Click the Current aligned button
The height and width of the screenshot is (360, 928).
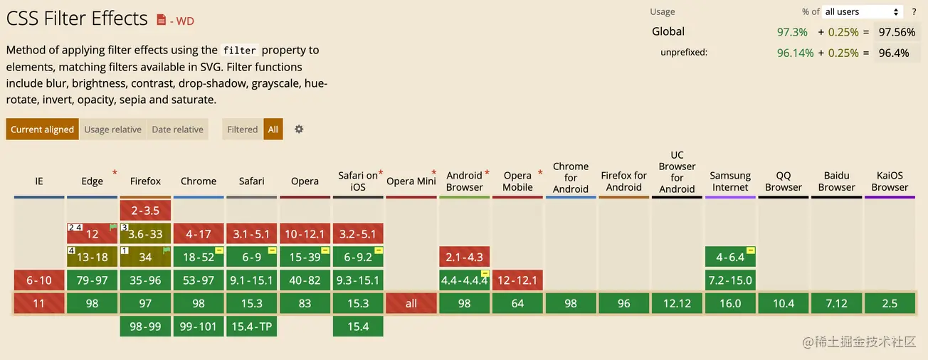coord(42,129)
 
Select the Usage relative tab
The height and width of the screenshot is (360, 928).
coord(112,129)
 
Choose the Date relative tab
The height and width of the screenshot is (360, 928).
coord(177,129)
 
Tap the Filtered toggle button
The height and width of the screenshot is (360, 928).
coord(242,129)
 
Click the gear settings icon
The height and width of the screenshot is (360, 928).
coord(299,129)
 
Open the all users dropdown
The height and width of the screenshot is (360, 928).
coord(862,12)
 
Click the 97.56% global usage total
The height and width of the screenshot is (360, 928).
coord(897,32)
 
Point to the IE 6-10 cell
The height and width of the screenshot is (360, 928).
coord(38,280)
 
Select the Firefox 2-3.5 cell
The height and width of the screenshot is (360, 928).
coord(145,211)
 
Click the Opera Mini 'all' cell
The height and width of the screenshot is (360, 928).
coord(411,303)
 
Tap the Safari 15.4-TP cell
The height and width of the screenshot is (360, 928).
coord(251,327)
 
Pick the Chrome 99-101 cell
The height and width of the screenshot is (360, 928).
coord(198,327)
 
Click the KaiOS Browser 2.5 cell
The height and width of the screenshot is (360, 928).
coord(890,303)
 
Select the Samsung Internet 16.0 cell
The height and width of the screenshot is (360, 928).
coord(730,303)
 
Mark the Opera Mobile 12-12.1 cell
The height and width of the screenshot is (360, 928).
coord(517,280)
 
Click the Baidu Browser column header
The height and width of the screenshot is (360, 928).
coord(836,181)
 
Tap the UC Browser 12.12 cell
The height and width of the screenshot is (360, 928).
coord(677,303)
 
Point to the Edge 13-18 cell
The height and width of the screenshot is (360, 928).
coord(92,257)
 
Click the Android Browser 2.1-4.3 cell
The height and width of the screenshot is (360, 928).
coord(464,257)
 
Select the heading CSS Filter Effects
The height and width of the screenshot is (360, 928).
coord(77,18)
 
